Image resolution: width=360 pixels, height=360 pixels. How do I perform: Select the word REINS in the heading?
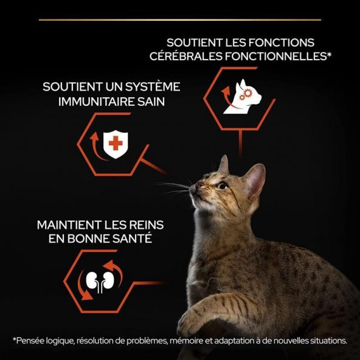[144, 225]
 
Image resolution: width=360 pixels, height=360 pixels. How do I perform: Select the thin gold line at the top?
[180, 19]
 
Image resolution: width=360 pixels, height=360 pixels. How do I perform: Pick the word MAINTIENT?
[63, 225]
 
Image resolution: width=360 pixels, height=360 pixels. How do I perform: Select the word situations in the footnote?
[327, 341]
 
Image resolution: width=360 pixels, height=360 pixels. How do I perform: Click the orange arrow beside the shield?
[94, 145]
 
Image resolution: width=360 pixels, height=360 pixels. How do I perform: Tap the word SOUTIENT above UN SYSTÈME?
[66, 87]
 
